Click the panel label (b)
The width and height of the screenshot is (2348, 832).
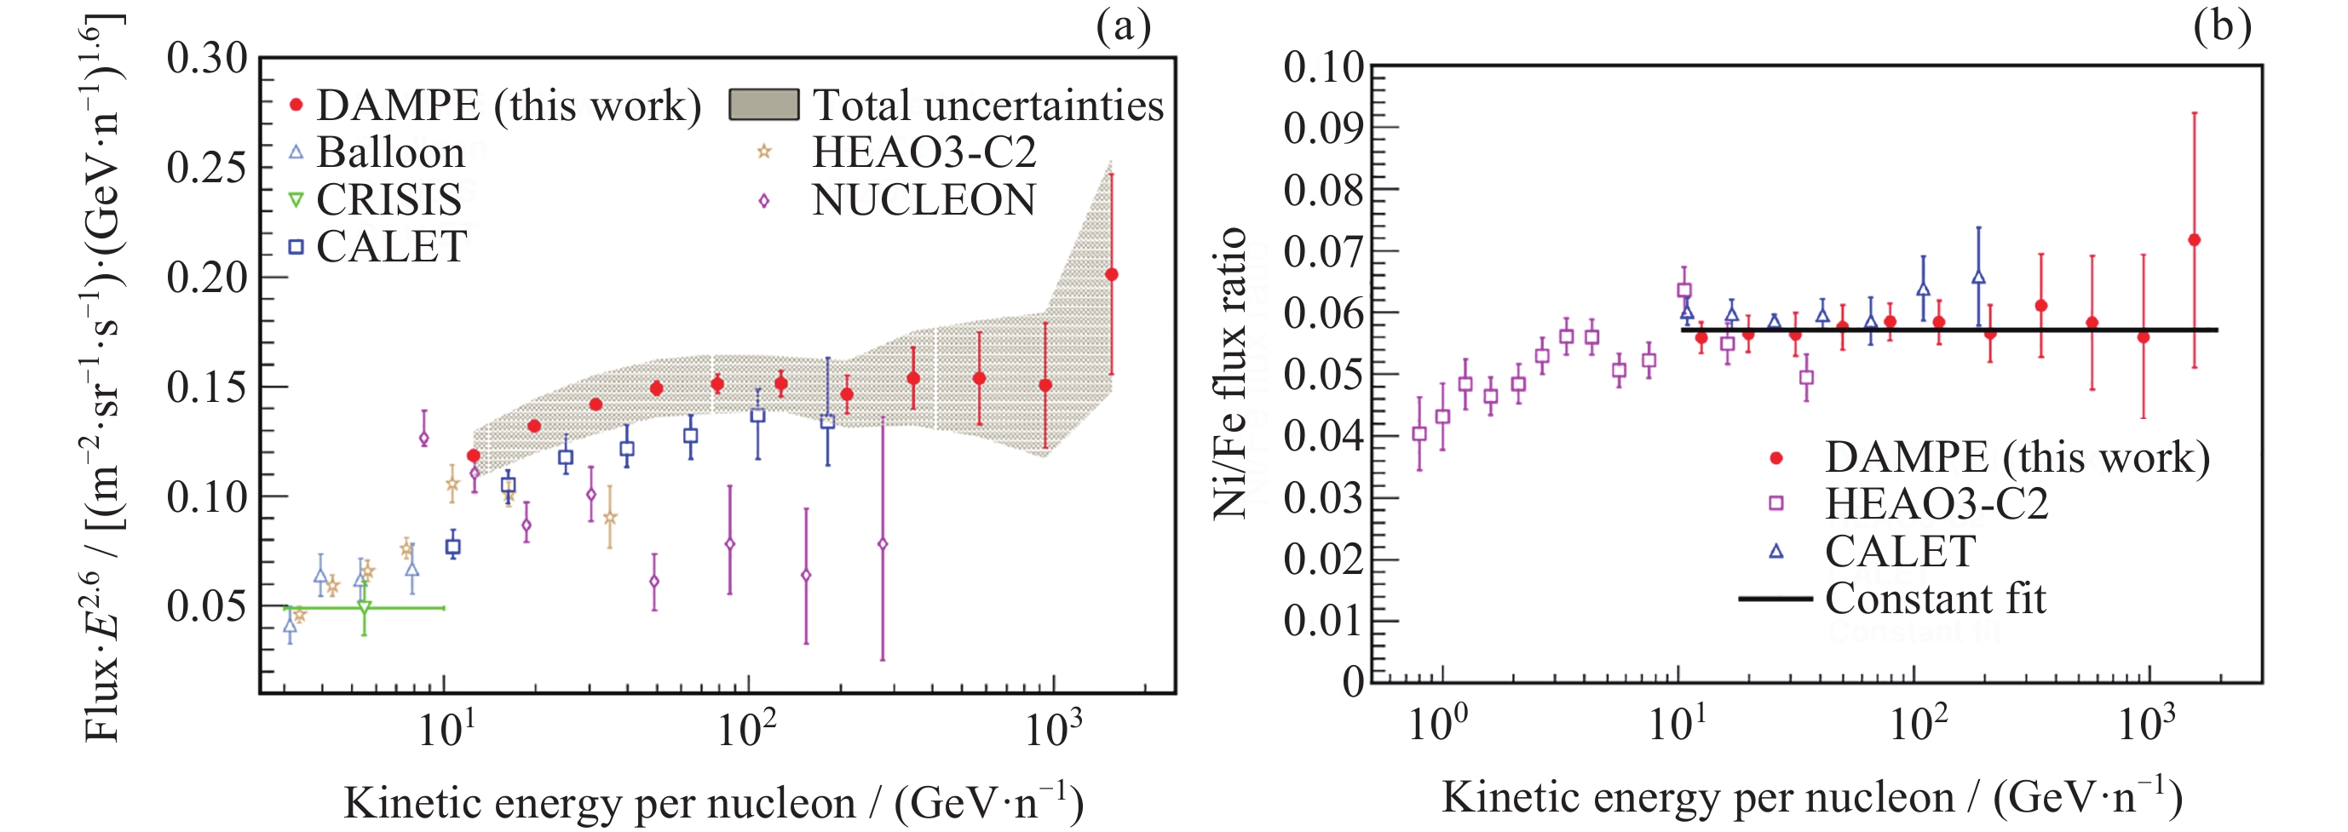(x=2221, y=26)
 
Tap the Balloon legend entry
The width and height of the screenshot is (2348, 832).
(x=377, y=152)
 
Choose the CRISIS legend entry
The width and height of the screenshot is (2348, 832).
(x=375, y=199)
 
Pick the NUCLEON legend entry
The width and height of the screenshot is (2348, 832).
(x=898, y=199)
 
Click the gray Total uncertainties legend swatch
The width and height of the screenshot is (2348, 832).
(x=764, y=106)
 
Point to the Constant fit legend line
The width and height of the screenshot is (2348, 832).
(x=1775, y=599)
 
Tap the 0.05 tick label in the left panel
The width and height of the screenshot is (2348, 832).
(x=207, y=606)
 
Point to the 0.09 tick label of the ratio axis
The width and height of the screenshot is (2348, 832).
(x=1323, y=129)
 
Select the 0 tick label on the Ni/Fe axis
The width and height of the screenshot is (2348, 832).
(x=1354, y=681)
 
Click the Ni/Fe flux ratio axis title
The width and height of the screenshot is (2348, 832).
(x=1229, y=374)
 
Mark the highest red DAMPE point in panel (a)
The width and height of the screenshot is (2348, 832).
(x=1111, y=274)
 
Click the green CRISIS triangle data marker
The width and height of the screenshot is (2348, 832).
(x=364, y=607)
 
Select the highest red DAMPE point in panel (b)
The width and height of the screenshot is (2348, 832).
(x=2194, y=239)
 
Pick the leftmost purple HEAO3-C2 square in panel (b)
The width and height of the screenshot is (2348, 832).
(x=1419, y=433)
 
